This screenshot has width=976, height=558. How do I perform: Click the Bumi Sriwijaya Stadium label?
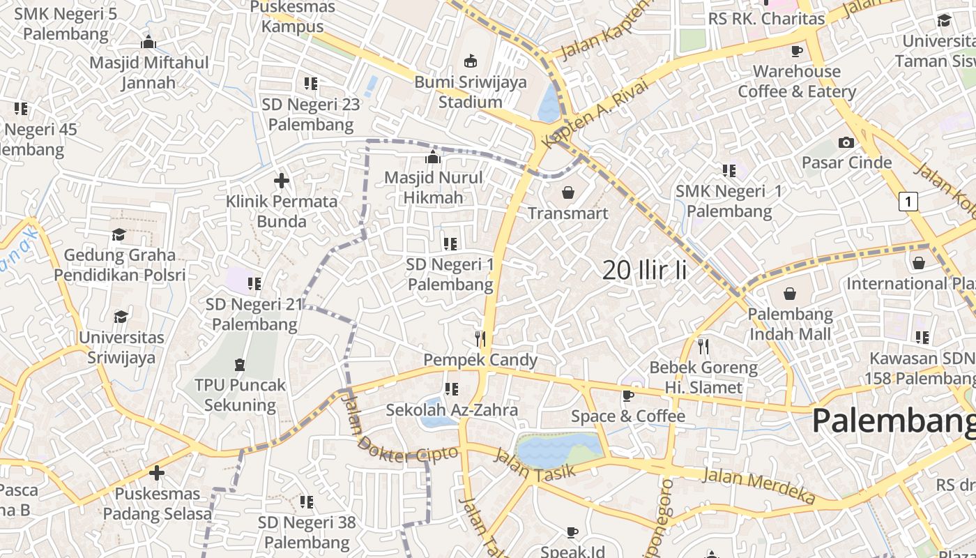pos(471,92)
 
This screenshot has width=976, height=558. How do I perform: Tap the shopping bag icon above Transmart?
pos(568,192)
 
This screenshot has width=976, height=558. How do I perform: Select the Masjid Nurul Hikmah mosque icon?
pos(433,157)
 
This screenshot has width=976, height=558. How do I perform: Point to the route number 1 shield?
pos(908,202)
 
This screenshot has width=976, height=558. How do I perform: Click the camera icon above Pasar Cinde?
pos(846,142)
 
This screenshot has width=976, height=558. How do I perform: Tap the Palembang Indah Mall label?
pos(790,324)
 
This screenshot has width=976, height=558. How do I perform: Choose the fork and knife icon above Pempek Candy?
pos(480,339)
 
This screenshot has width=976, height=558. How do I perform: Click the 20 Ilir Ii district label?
pos(644,271)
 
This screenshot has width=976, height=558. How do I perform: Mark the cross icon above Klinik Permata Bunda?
pos(282,181)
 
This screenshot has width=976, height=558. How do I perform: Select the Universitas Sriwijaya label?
pos(121,347)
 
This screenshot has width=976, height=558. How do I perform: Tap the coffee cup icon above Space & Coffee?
pos(628,396)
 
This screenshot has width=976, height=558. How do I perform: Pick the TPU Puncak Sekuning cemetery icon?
pos(240,364)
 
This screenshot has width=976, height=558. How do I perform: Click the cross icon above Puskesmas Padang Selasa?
pos(157,473)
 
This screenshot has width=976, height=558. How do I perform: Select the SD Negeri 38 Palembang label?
pos(307,532)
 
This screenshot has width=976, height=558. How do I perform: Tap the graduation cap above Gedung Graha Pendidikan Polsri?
pos(119,234)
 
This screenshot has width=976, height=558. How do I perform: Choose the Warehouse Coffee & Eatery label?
pos(797,82)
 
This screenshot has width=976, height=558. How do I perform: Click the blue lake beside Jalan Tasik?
pos(558,448)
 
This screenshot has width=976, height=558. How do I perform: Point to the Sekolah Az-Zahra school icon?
pos(452,389)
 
